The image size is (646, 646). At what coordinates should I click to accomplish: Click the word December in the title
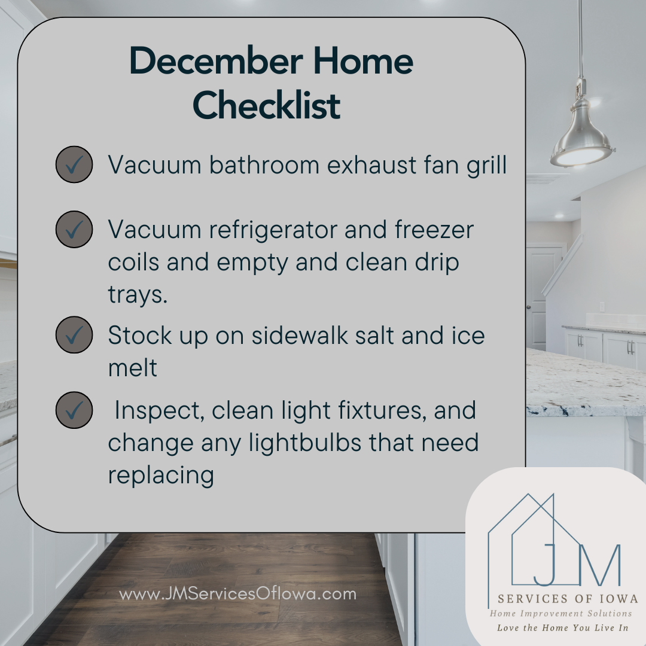(217, 61)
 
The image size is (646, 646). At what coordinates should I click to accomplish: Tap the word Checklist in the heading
(267, 105)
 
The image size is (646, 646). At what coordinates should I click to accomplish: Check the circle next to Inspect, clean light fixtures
(74, 410)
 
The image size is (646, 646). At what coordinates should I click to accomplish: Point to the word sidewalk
(300, 335)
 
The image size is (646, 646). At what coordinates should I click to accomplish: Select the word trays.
(138, 295)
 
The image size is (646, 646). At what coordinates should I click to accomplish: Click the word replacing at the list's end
(161, 476)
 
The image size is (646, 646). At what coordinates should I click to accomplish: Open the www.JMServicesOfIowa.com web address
(237, 594)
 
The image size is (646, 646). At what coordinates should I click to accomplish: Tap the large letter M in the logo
(599, 565)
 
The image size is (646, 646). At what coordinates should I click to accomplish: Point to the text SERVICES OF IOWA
(568, 599)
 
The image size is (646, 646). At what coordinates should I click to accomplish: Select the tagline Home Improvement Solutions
(560, 614)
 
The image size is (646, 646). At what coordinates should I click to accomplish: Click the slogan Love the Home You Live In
(562, 628)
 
